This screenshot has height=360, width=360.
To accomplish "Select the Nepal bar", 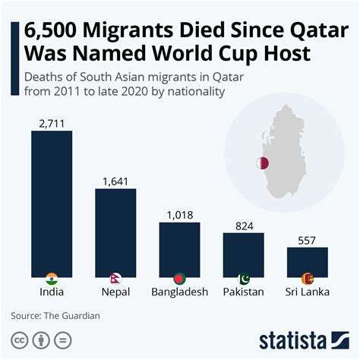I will (115, 230).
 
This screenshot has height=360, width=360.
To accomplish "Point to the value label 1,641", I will (115, 181).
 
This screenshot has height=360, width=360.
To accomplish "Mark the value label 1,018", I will (179, 215).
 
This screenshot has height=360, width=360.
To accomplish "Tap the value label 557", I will (307, 240).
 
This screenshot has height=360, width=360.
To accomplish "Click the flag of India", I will (52, 277).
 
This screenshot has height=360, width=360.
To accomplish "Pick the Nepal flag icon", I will (115, 277).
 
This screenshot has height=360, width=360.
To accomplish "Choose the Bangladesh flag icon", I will (179, 278).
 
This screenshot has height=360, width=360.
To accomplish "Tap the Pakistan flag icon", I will (243, 278).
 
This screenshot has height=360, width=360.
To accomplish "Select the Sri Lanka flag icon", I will (307, 278).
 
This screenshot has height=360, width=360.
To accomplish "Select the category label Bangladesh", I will (179, 292).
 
